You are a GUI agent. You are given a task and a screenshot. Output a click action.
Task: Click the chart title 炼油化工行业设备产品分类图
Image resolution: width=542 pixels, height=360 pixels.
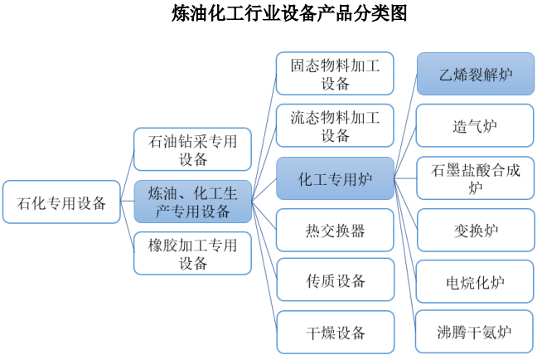[289, 14]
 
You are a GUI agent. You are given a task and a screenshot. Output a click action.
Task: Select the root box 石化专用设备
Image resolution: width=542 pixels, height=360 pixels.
[61, 202]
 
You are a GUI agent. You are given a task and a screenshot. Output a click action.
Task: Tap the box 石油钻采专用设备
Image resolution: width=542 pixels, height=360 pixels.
[192, 149]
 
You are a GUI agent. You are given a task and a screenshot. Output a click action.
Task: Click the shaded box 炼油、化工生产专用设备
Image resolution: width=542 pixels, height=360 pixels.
[192, 202]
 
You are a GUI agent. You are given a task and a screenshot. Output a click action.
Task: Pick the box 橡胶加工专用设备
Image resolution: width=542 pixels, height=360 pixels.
[192, 254]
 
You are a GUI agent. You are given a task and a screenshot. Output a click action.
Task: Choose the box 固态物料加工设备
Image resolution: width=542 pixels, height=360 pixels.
[335, 74]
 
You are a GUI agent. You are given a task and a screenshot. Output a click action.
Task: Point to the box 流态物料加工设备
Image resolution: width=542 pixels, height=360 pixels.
[335, 125]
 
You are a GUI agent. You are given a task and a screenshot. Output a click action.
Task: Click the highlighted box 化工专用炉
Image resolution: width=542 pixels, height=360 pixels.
[335, 179]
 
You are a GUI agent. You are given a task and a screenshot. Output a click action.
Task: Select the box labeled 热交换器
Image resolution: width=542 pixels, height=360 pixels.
[335, 230]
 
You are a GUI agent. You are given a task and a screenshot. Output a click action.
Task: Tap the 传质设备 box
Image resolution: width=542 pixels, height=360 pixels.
[336, 280]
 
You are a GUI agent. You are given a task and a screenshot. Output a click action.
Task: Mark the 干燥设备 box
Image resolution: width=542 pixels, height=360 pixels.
[336, 333]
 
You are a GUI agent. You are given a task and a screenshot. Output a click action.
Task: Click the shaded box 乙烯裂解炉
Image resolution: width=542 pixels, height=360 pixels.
[476, 74]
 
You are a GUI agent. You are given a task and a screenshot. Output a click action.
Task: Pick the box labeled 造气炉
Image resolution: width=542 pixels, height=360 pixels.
[476, 125]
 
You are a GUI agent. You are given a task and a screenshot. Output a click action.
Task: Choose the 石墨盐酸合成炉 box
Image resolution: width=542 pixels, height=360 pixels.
[476, 178]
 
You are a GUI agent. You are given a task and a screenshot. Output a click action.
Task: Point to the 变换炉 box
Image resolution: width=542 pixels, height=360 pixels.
[476, 230]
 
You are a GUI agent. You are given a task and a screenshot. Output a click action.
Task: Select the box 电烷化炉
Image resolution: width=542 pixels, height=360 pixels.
[476, 281]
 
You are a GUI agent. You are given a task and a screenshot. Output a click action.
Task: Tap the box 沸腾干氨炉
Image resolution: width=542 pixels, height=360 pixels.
[474, 332]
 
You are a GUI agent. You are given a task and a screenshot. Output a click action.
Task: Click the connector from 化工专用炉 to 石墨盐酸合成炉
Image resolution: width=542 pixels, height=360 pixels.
[405, 178]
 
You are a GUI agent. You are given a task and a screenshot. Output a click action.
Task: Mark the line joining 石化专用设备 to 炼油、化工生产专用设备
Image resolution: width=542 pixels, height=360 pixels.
[127, 202]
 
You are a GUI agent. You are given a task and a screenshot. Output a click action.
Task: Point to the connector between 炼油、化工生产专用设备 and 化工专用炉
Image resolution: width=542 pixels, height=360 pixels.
[264, 190]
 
